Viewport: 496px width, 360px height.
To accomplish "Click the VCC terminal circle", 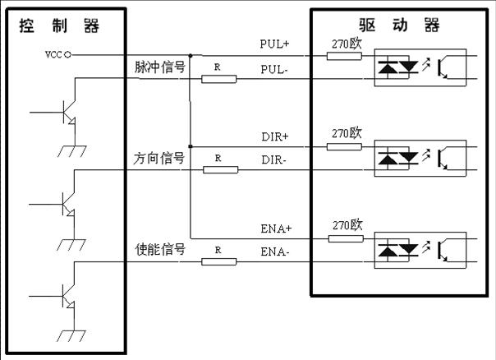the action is coord(67,55).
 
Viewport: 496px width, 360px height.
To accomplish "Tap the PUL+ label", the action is coord(274,44).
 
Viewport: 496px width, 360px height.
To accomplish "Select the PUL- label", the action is coord(274,69).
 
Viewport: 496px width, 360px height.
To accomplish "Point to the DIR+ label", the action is coord(275,136).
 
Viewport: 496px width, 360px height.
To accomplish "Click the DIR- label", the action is coord(273,160).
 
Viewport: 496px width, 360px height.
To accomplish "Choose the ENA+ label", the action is coord(276,228).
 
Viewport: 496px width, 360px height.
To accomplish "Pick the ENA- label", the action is coord(275,252).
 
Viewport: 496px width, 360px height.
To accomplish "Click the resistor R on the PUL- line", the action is coord(219,79).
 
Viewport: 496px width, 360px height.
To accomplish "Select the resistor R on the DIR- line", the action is coord(220,170).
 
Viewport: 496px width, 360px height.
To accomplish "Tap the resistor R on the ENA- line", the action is coord(219,261).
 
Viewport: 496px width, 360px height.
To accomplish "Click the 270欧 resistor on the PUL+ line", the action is coord(344,56).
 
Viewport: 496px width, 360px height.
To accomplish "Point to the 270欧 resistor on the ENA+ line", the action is coord(346,238).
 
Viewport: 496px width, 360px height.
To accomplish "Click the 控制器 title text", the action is coord(59,25).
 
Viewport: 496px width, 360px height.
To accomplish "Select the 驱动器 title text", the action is coord(399,25).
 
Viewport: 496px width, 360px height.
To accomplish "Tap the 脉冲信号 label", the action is coord(160,67).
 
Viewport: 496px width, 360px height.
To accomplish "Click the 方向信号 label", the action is coord(158,158).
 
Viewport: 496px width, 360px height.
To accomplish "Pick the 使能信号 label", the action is coord(160,249).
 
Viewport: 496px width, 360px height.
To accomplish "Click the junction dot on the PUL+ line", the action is coord(191,55).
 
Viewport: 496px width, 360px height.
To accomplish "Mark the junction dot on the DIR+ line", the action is coord(191,146).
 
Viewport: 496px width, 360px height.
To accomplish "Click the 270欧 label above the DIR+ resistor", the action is coord(347,133).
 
